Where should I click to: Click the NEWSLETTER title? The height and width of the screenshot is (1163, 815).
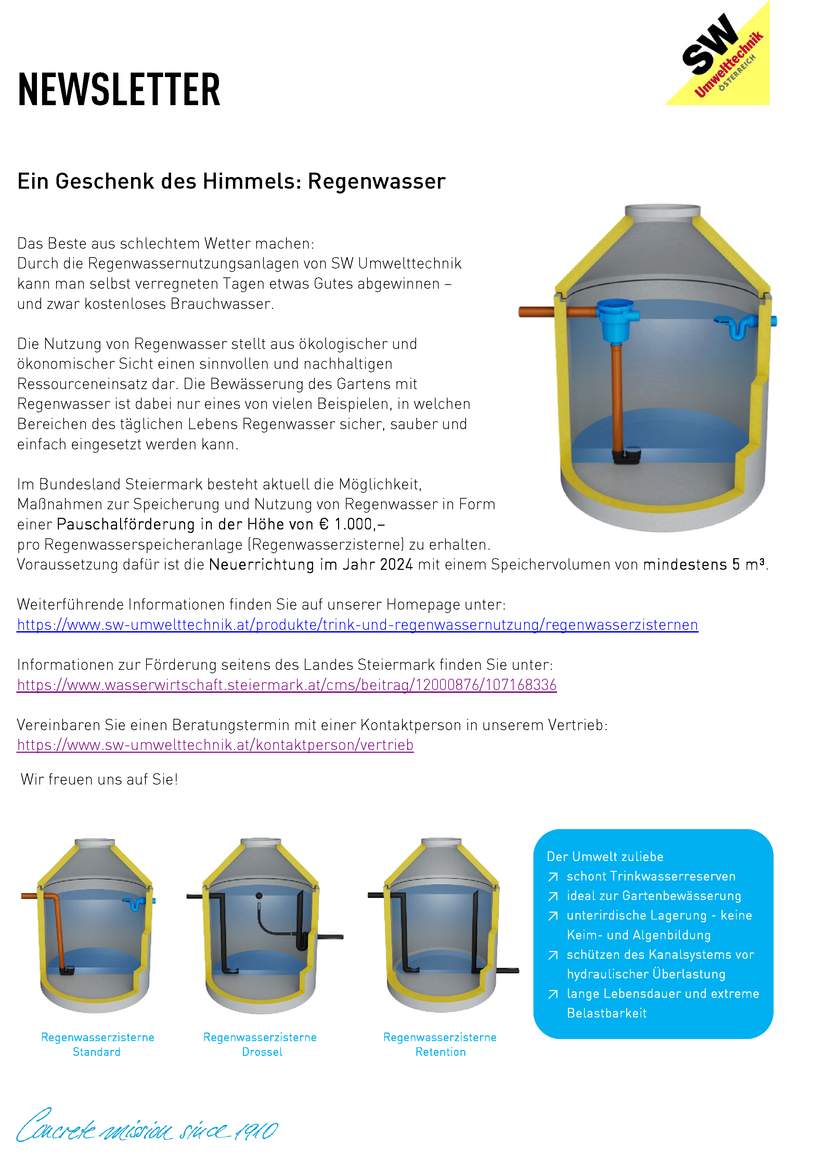[119, 90]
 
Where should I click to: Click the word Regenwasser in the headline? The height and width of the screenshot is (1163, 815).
[377, 182]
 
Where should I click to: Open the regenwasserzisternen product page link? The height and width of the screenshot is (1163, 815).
[358, 625]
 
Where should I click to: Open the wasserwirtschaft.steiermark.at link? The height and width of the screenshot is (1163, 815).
[286, 685]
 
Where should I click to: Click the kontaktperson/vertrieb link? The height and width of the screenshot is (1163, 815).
[215, 745]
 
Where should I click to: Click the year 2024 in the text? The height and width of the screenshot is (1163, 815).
[396, 564]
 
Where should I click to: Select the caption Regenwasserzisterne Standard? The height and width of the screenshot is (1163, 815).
[97, 1045]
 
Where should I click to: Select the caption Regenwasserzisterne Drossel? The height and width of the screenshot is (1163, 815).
[260, 1045]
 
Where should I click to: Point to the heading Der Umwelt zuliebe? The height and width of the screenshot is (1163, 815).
[605, 856]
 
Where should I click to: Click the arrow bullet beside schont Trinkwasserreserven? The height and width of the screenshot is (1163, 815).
[553, 877]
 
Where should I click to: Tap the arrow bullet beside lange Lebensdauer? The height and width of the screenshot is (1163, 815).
[553, 994]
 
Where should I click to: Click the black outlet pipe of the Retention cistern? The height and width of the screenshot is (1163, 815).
[507, 971]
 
